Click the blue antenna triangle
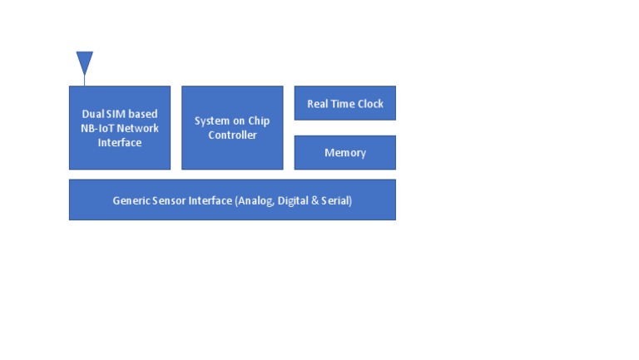[84, 61]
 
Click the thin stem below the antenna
[84, 80]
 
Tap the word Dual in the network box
[92, 114]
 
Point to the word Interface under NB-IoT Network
[120, 142]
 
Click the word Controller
[232, 135]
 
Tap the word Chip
[259, 121]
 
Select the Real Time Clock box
[344, 103]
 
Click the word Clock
[370, 104]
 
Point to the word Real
[317, 104]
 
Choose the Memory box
[344, 153]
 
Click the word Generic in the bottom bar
[131, 200]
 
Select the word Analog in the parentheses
[256, 200]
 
